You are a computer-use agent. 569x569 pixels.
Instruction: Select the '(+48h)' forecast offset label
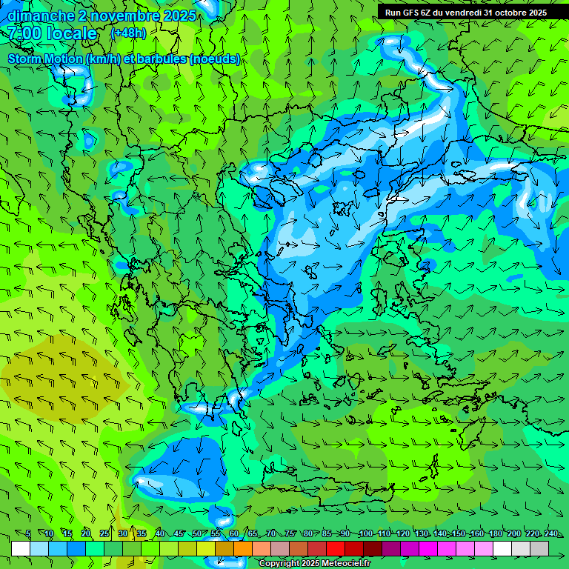coord(128,33)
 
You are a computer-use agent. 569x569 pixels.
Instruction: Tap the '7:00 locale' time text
coord(52,33)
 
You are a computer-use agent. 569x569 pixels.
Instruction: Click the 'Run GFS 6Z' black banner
coord(465,13)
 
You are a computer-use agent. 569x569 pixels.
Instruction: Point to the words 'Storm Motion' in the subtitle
coord(45,59)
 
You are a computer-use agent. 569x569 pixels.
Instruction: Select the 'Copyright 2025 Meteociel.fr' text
coord(313,564)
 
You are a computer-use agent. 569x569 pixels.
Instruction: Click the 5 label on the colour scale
coord(28,534)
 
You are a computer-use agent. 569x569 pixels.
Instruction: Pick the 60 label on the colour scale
coord(233,534)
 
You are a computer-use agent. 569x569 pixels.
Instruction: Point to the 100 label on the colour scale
coord(365,534)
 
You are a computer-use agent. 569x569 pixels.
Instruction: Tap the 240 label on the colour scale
coord(550,534)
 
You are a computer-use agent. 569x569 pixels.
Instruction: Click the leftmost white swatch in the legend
coord(21,548)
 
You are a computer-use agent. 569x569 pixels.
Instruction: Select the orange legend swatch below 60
coord(243,548)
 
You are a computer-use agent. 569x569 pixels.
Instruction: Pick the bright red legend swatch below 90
coord(336,548)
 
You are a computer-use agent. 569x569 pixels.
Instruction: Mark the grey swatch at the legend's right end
coord(539,548)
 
